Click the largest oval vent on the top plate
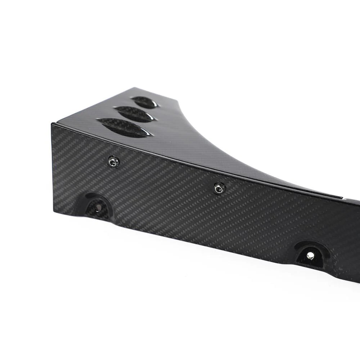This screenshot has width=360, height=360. [x=124, y=128]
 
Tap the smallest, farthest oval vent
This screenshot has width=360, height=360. [x=144, y=102]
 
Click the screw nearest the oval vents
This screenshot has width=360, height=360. [x=114, y=162]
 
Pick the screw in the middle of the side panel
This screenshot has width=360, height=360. [x=219, y=188]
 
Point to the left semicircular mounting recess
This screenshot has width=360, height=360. [x=95, y=206]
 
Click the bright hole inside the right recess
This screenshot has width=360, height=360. [x=310, y=255]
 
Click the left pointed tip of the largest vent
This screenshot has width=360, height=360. [x=97, y=121]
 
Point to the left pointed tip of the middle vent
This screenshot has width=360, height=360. [x=114, y=108]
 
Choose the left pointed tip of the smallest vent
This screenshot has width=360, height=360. [x=131, y=98]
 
